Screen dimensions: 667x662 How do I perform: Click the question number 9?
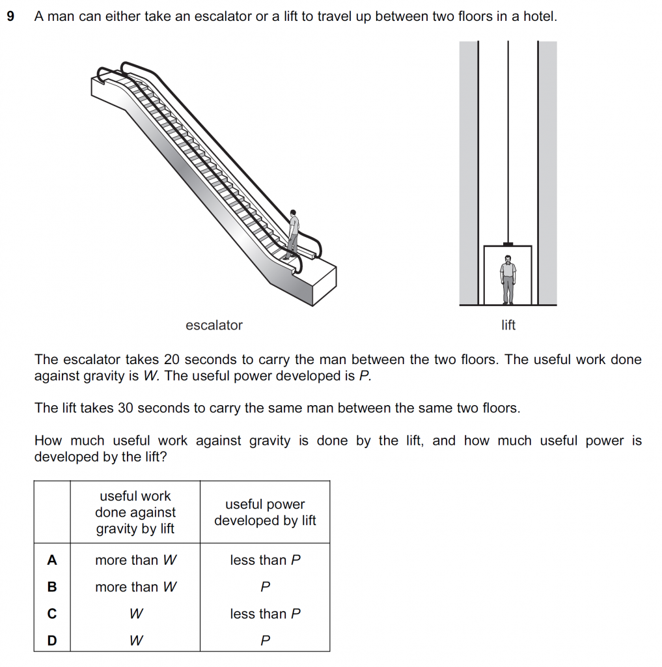pyautogui.click(x=10, y=16)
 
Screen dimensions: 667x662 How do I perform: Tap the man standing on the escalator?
pyautogui.click(x=293, y=234)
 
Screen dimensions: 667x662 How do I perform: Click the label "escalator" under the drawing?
pyautogui.click(x=214, y=326)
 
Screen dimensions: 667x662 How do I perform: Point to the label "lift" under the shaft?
pyautogui.click(x=508, y=326)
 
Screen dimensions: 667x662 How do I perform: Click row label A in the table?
pyautogui.click(x=52, y=560)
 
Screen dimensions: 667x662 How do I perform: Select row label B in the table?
pyautogui.click(x=52, y=587)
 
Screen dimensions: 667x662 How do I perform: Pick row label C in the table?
pyautogui.click(x=52, y=614)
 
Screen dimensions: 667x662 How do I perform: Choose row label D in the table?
pyautogui.click(x=52, y=641)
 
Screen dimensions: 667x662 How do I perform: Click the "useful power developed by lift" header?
pyautogui.click(x=265, y=513)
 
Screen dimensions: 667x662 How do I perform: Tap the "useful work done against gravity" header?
pyautogui.click(x=135, y=513)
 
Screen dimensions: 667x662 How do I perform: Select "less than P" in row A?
pyautogui.click(x=265, y=560)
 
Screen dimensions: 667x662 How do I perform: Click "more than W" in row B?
pyautogui.click(x=135, y=587)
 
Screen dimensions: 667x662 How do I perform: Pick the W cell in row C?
pyautogui.click(x=135, y=614)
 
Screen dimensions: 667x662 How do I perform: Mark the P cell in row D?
pyautogui.click(x=265, y=641)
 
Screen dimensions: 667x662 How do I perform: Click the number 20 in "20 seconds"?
pyautogui.click(x=191, y=360)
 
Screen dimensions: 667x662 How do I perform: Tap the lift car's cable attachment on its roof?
pyautogui.click(x=508, y=244)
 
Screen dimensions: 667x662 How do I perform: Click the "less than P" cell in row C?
pyautogui.click(x=265, y=614)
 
